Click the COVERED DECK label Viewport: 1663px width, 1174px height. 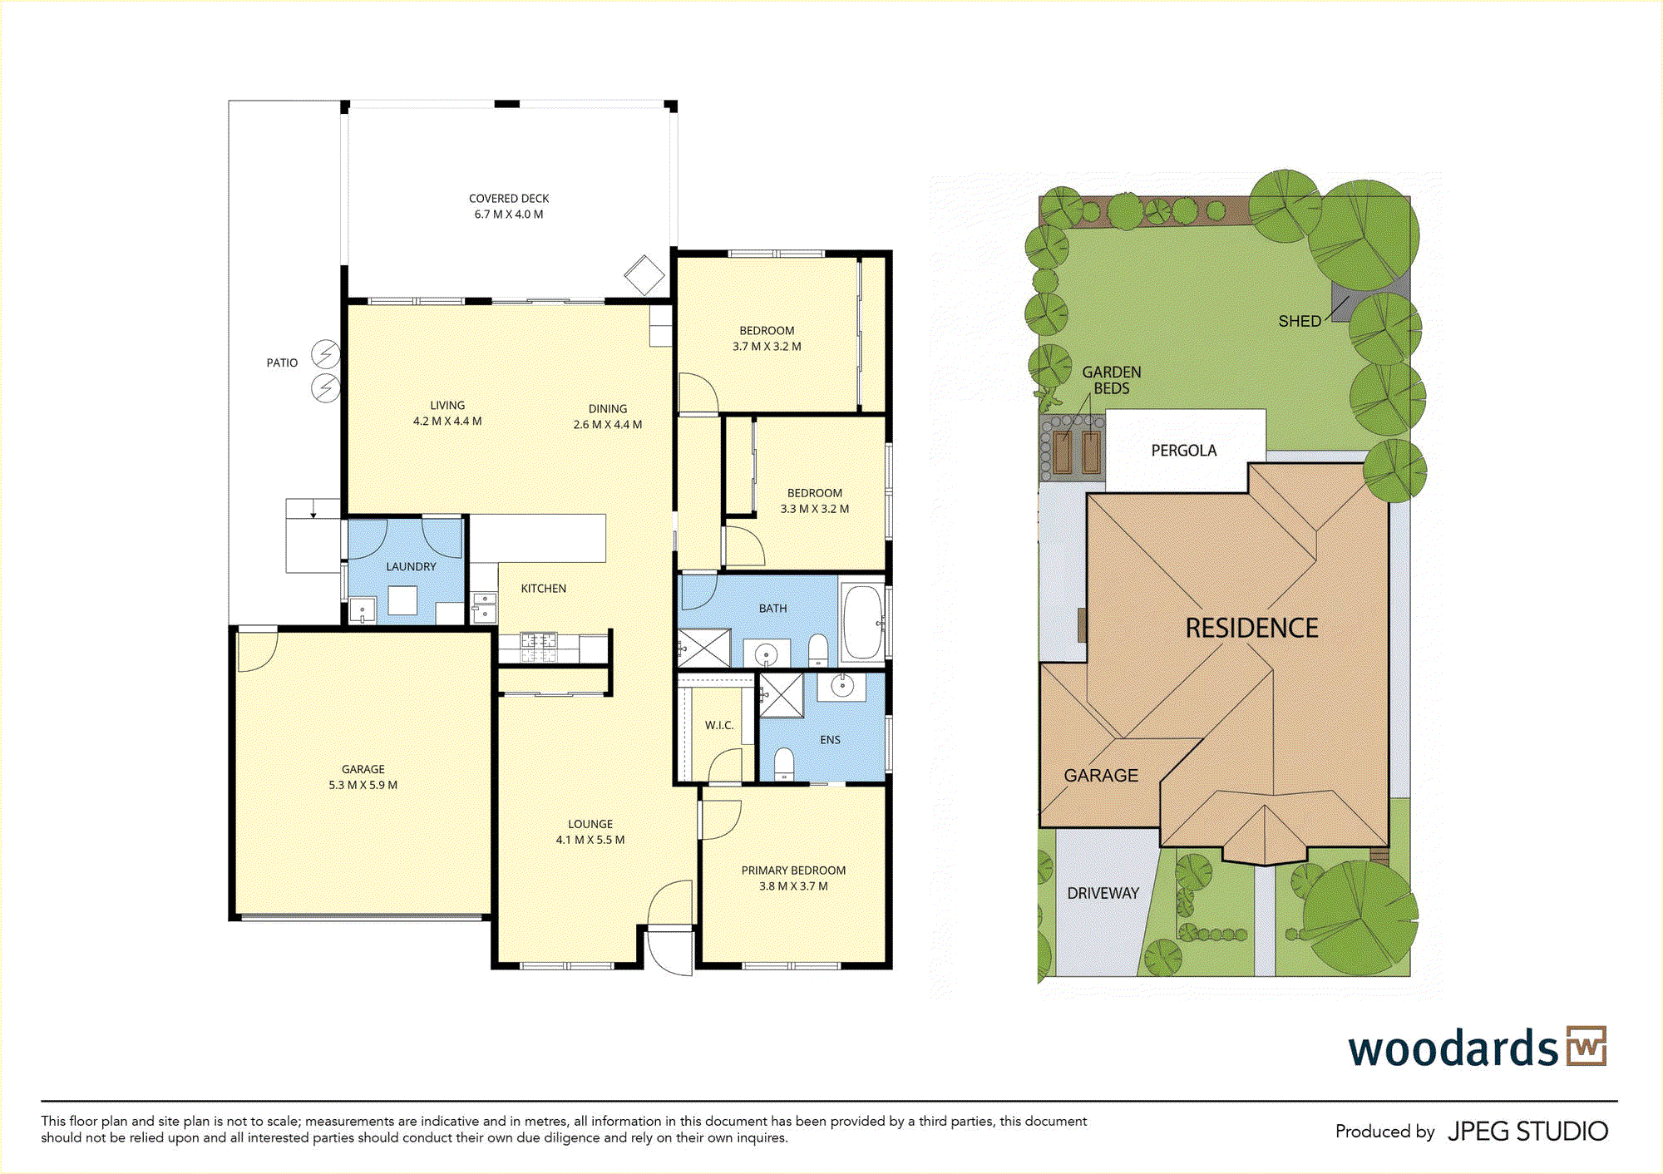(x=509, y=199)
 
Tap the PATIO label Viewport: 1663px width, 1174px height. (x=282, y=363)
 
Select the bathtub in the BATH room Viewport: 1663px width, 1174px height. (x=862, y=622)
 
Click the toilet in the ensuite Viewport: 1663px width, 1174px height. (x=784, y=764)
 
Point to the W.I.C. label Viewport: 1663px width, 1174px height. (x=719, y=725)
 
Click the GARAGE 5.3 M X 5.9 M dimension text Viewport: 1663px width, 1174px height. (x=363, y=785)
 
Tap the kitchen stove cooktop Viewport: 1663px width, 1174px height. (x=538, y=648)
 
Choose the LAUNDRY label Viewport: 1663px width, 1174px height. (x=411, y=567)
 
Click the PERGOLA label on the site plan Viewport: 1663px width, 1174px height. (x=1183, y=451)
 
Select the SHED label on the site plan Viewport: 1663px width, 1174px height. (x=1300, y=321)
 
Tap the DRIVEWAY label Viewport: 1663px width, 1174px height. (x=1103, y=893)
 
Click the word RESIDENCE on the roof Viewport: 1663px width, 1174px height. (x=1251, y=628)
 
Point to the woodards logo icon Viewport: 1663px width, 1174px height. (x=1587, y=1046)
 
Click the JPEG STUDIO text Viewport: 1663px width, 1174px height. (x=1527, y=1132)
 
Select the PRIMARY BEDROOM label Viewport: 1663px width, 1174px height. (x=793, y=871)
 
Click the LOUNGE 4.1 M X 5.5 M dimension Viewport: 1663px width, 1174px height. (x=590, y=840)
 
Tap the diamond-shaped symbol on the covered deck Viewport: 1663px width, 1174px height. (x=644, y=274)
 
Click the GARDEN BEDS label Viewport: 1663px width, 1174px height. (x=1112, y=380)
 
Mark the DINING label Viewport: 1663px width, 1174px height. (x=608, y=409)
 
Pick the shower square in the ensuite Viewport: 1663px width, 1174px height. (x=781, y=695)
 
